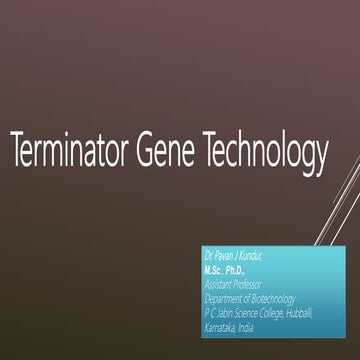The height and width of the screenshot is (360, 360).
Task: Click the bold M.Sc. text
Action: (215, 270)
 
